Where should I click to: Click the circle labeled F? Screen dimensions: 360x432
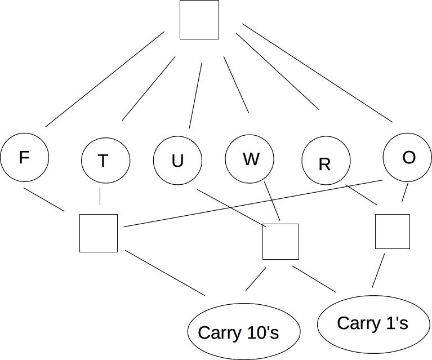(x=24, y=158)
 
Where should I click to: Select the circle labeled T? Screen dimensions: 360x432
(x=105, y=161)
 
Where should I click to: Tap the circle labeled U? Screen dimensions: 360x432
(x=177, y=161)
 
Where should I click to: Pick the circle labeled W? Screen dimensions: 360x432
(x=250, y=159)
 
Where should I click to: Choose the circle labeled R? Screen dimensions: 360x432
(x=326, y=162)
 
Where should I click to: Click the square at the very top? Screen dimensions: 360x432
(x=199, y=20)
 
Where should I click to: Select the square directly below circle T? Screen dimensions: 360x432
(x=99, y=233)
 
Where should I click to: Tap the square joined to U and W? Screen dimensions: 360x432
(x=280, y=241)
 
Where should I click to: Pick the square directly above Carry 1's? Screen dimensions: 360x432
(x=392, y=231)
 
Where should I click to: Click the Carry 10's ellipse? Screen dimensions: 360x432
(x=243, y=332)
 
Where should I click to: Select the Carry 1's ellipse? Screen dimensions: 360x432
(x=373, y=323)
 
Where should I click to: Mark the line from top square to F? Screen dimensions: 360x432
(x=105, y=79)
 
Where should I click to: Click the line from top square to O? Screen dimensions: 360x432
(x=317, y=73)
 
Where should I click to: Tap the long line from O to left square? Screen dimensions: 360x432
(x=253, y=203)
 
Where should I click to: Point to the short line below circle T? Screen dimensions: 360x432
(x=100, y=196)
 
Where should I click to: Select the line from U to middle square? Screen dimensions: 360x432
(x=231, y=207)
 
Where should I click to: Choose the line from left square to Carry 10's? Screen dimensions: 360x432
(x=165, y=272)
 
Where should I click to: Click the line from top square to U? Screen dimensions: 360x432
(x=195, y=95)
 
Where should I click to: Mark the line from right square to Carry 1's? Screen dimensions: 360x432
(x=378, y=270)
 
